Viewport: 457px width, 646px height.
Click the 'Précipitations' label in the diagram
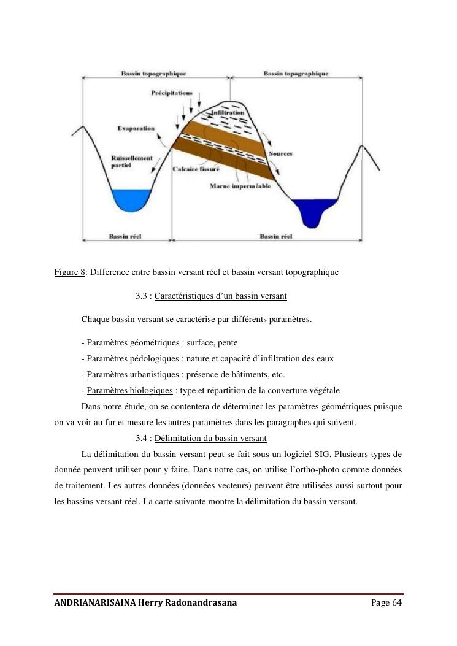click(x=171, y=93)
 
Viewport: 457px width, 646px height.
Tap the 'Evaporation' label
click(x=136, y=128)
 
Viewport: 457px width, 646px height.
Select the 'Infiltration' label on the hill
click(x=228, y=113)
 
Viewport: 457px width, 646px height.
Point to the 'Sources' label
click(x=280, y=153)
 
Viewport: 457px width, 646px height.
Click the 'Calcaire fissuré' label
click(x=196, y=169)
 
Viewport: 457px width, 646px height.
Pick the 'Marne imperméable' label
click(x=240, y=186)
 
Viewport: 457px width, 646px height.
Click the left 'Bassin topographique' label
click(x=153, y=74)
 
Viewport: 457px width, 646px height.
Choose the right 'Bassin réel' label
click(x=275, y=236)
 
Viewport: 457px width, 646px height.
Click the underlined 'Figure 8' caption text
click(x=69, y=272)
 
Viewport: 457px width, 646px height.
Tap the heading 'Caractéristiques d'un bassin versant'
click(x=220, y=296)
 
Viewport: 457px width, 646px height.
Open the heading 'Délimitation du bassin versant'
click(x=210, y=438)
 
